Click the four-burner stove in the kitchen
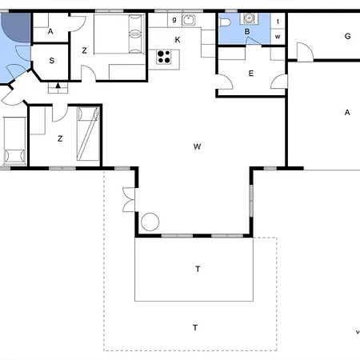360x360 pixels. point(164,57)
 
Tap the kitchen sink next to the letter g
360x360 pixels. point(188,20)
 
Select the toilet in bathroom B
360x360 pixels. point(225,22)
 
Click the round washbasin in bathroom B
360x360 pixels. point(249,18)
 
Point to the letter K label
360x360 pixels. point(178,40)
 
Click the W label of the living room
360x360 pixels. point(197,146)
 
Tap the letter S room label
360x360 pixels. point(52,61)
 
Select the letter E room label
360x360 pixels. point(251,74)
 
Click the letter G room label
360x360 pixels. point(347,36)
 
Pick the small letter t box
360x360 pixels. point(278,21)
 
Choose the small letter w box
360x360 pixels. point(278,37)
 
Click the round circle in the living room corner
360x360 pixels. point(150,222)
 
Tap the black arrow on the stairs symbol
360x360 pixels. point(58,86)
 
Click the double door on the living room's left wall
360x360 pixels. point(129,200)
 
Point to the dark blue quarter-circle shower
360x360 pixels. point(16,27)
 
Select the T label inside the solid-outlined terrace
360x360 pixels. point(198,269)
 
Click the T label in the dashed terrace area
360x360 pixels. point(195,327)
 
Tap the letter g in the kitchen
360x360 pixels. point(174,20)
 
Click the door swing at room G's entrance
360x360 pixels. point(305,52)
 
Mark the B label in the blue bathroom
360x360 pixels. point(247,32)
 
